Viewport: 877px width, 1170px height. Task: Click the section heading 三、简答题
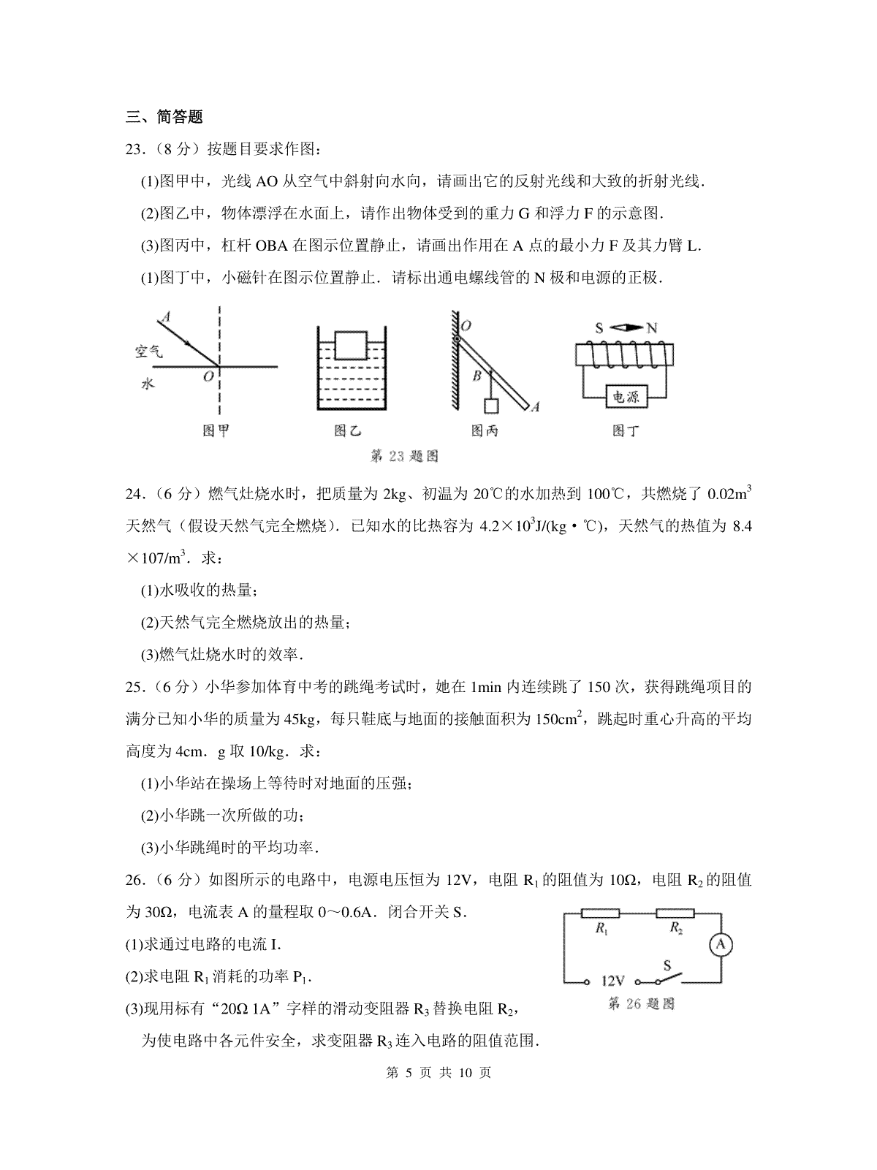[x=164, y=116]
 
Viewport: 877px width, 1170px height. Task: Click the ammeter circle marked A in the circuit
[x=720, y=945]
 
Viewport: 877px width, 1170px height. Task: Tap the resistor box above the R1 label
[x=600, y=913]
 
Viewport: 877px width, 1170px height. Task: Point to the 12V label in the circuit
[x=612, y=981]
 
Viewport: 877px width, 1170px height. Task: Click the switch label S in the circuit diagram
[x=667, y=965]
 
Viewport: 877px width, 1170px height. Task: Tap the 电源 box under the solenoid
[x=625, y=398]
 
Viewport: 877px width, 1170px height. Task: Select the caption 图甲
[x=216, y=431]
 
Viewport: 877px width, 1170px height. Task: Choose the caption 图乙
[x=347, y=431]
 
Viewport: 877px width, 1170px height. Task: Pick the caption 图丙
[x=485, y=431]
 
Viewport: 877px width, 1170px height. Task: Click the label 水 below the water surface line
[x=148, y=384]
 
